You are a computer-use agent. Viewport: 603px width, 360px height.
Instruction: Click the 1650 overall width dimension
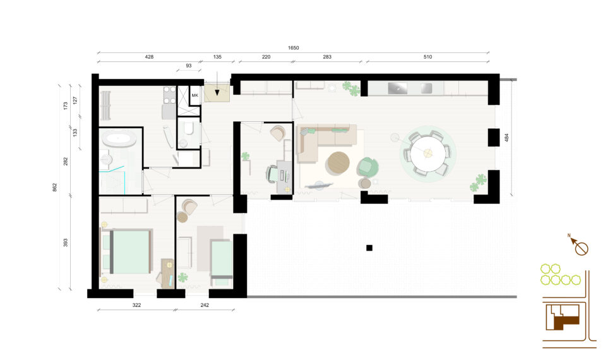(x=293, y=48)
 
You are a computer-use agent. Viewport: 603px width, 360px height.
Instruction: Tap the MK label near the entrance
(x=195, y=95)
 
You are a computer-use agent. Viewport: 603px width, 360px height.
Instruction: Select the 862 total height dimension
(x=54, y=188)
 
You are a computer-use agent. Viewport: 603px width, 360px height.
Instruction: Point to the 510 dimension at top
(x=427, y=57)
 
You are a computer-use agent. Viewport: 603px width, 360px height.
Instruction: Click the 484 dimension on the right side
(x=506, y=138)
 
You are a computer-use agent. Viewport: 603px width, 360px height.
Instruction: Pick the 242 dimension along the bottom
(x=205, y=305)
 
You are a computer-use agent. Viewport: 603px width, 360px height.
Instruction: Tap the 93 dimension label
(x=188, y=66)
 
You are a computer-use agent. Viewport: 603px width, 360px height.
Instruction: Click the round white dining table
(x=427, y=153)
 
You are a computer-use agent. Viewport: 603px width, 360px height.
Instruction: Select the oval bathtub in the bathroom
(x=119, y=139)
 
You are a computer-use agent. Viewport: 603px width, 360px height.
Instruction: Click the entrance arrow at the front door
(x=217, y=83)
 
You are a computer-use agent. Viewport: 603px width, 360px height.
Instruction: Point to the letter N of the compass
(x=569, y=236)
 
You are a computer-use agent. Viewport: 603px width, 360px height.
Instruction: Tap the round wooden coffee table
(x=338, y=164)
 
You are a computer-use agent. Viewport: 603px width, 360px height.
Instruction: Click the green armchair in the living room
(x=367, y=167)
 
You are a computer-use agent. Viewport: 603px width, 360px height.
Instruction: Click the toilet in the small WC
(x=188, y=128)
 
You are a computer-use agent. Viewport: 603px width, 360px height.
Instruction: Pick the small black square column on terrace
(x=369, y=248)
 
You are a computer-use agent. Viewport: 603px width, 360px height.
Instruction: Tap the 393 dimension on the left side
(x=66, y=243)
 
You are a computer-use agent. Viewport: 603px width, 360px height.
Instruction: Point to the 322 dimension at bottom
(x=136, y=305)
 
